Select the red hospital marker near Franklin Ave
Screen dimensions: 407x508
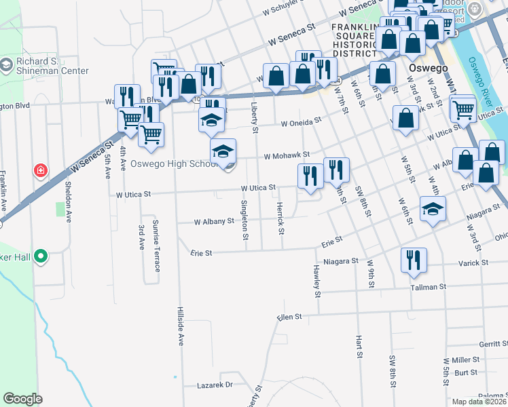[41, 170]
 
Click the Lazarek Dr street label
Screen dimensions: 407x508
[215, 385]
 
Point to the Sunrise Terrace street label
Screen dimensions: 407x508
[156, 246]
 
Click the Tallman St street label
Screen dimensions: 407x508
[428, 287]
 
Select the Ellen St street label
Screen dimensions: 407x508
[289, 317]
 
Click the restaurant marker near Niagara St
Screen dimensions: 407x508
[411, 260]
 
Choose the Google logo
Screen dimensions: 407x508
[22, 399]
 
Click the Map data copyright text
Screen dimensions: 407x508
[479, 402]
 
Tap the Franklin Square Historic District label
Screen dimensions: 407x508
[354, 40]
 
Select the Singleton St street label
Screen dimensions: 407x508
[244, 218]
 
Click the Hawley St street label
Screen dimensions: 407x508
[317, 281]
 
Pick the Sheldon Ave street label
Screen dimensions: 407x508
[69, 201]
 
